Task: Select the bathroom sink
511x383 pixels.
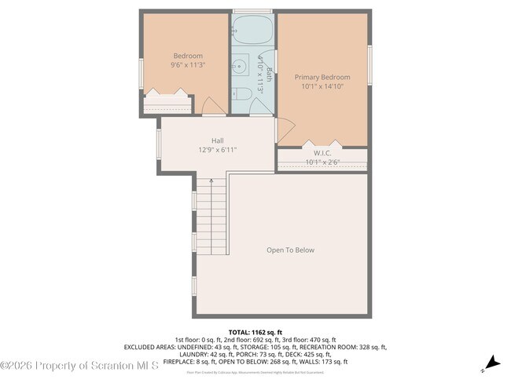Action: tap(239, 67)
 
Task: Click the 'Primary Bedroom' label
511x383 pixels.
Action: tap(322, 77)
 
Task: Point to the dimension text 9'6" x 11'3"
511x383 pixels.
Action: tap(188, 65)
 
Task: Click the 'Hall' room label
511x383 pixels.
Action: tap(217, 140)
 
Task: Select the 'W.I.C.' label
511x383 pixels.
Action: tap(322, 153)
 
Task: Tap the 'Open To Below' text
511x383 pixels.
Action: tap(290, 250)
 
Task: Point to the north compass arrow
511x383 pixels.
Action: tap(491, 362)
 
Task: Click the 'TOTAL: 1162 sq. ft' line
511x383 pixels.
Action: tap(256, 332)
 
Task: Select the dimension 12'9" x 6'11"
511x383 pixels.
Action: tap(217, 149)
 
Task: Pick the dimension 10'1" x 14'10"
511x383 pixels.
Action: tap(322, 86)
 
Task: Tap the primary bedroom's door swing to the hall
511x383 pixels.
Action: tap(285, 126)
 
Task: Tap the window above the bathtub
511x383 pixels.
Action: tap(252, 10)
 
